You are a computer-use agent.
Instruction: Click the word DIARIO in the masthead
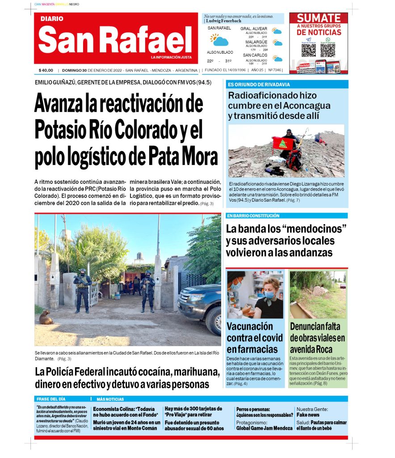(x=52, y=19)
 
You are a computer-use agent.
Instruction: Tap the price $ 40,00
(x=46, y=70)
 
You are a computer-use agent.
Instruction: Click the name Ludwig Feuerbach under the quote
(x=223, y=21)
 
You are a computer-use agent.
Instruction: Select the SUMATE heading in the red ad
(x=319, y=18)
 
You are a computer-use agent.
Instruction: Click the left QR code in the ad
(x=308, y=50)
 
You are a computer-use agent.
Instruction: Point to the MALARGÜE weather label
(x=256, y=42)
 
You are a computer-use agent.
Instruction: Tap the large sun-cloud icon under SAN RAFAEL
(x=219, y=40)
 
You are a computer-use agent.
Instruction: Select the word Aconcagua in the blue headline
(x=305, y=106)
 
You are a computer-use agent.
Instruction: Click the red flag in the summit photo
(x=283, y=143)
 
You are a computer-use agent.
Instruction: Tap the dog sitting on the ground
(x=46, y=317)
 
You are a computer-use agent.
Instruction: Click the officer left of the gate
(x=82, y=291)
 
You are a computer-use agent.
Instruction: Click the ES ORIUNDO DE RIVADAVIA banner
(x=259, y=85)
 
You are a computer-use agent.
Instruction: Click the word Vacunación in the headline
(x=249, y=326)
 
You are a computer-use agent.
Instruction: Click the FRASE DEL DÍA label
(x=51, y=399)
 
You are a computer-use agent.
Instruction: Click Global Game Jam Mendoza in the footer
(x=264, y=428)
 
